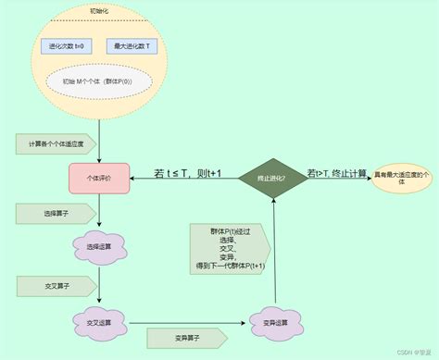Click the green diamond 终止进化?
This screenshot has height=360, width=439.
[x=274, y=177]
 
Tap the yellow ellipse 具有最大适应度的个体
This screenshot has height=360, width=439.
[x=401, y=177]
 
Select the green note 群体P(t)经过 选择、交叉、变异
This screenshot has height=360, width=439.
[x=228, y=247]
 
